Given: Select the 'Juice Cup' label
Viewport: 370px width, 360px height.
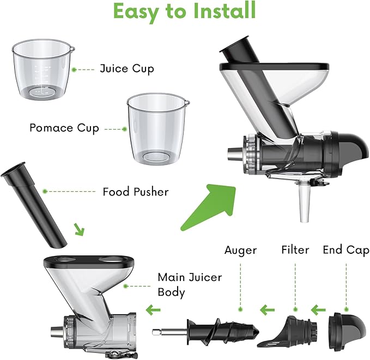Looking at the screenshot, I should coord(127,69).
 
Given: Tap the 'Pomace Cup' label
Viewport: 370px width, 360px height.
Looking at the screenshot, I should coord(64,128).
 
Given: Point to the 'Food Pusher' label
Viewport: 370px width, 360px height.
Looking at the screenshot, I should coord(136,192).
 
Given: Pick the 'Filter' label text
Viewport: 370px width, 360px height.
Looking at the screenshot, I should coord(295,250).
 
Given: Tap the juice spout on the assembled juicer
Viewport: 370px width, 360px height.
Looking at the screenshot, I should coord(304,206).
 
